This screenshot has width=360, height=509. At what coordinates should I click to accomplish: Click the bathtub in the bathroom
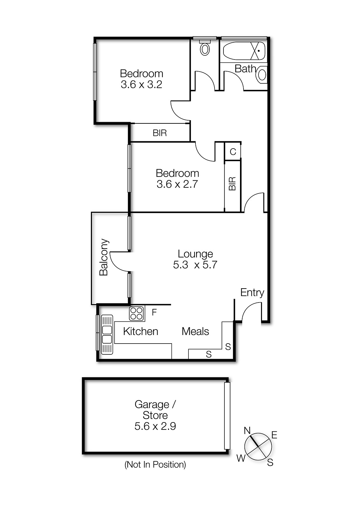click(x=244, y=51)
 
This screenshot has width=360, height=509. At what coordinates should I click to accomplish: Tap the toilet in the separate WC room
click(x=205, y=48)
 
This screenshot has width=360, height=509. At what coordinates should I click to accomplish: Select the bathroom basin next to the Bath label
click(x=262, y=75)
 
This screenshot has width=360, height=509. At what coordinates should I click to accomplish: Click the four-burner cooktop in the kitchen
click(x=137, y=313)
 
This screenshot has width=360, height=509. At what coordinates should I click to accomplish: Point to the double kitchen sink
click(x=107, y=334)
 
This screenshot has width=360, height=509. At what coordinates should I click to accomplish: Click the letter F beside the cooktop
click(x=154, y=312)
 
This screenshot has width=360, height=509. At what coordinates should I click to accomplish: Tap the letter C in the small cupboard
click(x=233, y=152)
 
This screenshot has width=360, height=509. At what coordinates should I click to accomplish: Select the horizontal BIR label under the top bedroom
click(x=160, y=133)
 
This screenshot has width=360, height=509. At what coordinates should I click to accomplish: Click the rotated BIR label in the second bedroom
click(x=232, y=184)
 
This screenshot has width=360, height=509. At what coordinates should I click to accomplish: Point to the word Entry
click(x=252, y=292)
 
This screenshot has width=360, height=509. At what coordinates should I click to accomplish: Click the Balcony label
click(x=104, y=257)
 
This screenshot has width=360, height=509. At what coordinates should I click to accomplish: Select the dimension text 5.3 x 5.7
click(x=195, y=265)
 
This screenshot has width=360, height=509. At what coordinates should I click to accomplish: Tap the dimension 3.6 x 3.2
click(x=141, y=84)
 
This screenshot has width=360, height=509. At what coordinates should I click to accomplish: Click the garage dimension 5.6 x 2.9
click(x=155, y=426)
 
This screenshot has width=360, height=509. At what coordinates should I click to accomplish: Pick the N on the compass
click(x=247, y=430)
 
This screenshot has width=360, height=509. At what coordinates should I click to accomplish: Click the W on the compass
click(x=241, y=458)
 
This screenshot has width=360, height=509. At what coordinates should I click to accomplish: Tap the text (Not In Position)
click(x=155, y=464)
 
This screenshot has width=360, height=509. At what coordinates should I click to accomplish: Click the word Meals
click(x=195, y=331)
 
